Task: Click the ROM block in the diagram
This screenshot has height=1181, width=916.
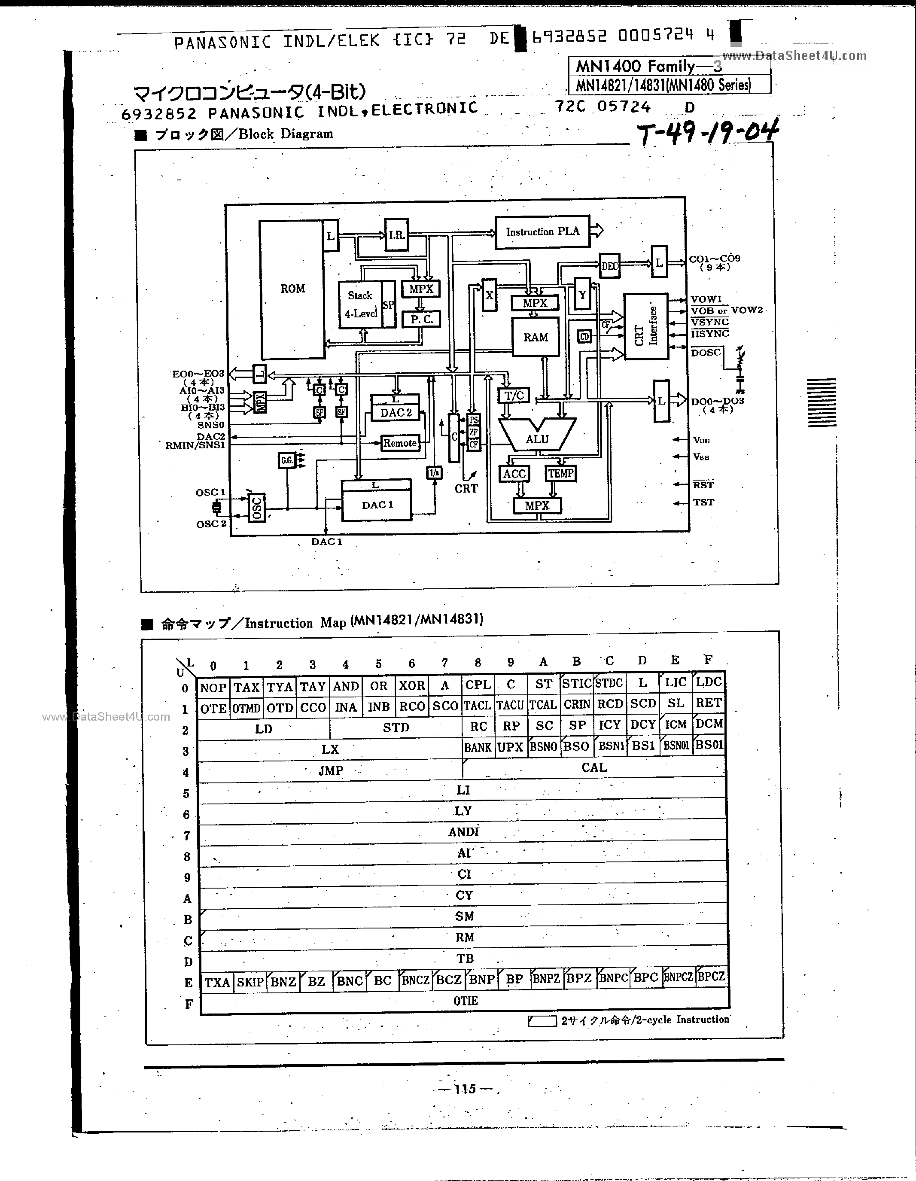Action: pos(292,289)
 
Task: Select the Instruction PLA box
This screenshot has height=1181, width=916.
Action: pos(542,232)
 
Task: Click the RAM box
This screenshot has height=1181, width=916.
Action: pos(536,338)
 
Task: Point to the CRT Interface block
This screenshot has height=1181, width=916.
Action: pos(646,327)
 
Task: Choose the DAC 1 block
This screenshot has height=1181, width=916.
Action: pos(377,505)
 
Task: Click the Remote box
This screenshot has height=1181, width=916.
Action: pos(400,443)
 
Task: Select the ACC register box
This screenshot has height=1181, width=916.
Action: pos(514,474)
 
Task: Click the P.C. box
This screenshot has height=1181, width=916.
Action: pos(422,319)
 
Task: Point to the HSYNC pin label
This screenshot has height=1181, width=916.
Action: pos(709,334)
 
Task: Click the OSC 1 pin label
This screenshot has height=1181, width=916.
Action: pos(210,492)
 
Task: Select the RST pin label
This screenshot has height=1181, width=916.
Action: pos(703,484)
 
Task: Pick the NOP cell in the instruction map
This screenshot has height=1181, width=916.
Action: pos(213,687)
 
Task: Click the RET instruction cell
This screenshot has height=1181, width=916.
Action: pos(708,703)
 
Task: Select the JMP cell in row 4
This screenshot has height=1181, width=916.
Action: pos(330,770)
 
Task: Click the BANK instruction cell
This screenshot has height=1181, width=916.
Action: pos(478,747)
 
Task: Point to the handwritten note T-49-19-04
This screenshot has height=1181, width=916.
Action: pos(708,132)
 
